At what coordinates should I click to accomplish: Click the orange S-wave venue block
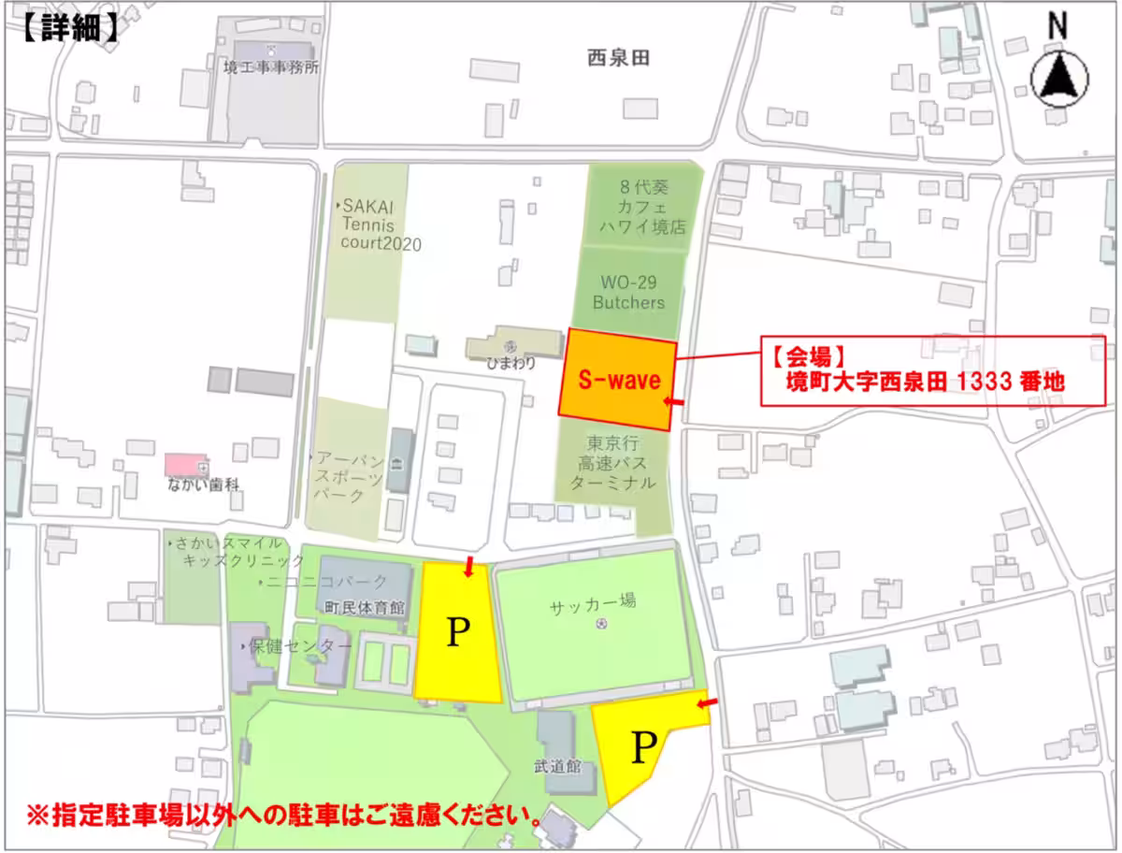point(617,380)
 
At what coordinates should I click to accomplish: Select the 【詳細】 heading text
point(69,28)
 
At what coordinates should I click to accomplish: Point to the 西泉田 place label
point(618,59)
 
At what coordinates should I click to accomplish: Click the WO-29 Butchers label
point(628,292)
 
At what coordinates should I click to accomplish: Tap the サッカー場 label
point(593,602)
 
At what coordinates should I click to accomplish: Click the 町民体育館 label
point(364,607)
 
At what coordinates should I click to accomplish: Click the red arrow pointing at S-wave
point(673,402)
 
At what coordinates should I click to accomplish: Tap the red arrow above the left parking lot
point(468,564)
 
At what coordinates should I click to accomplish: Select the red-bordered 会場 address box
point(932,370)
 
